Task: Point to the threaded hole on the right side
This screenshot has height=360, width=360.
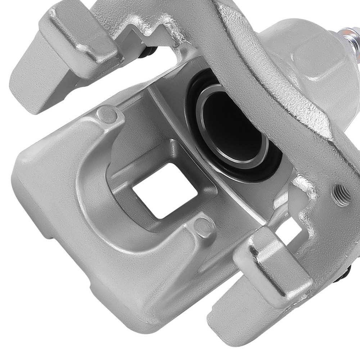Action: [x=340, y=195]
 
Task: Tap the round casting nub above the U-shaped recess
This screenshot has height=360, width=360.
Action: [x=108, y=114]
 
